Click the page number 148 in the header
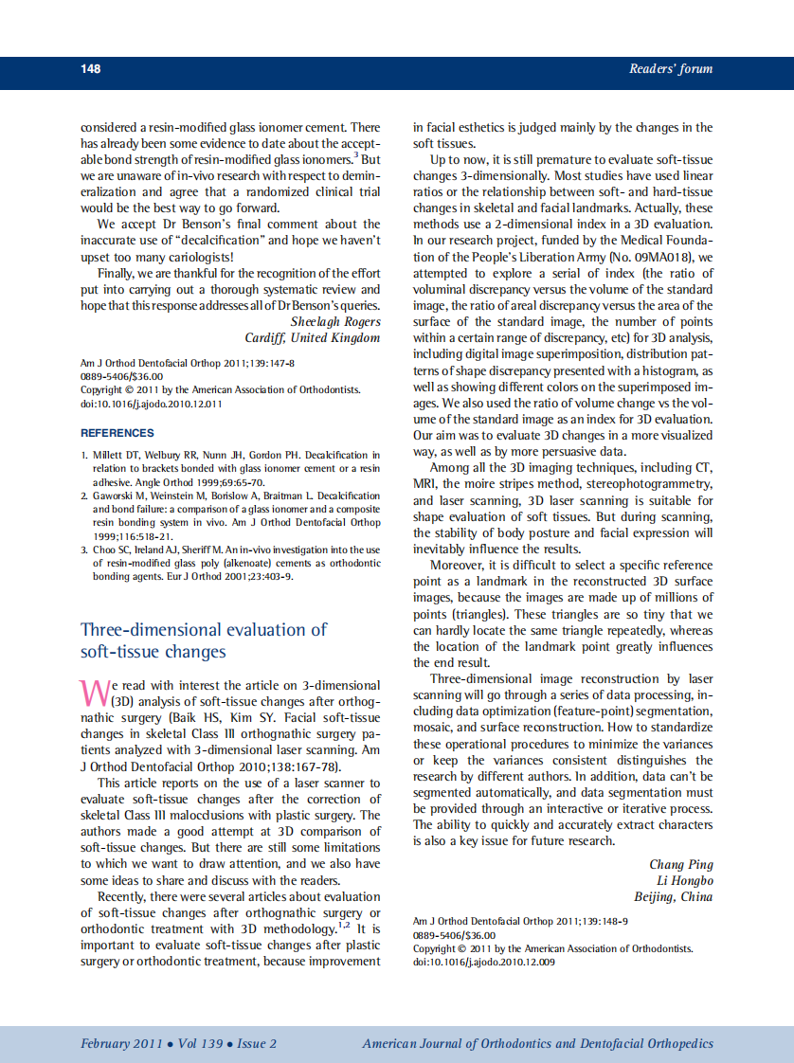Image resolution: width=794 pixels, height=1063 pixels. click(91, 69)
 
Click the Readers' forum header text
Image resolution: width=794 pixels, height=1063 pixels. click(670, 69)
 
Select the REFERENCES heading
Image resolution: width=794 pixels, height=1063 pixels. click(117, 433)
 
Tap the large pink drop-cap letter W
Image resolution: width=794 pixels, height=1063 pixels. click(95, 692)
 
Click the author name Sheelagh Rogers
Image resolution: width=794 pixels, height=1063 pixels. click(335, 321)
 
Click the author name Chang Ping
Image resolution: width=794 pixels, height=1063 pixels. click(680, 864)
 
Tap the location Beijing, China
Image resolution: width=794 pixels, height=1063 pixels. click(673, 897)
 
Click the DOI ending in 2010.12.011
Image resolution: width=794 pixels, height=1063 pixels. click(152, 404)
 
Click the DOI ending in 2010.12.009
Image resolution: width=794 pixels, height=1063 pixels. click(484, 962)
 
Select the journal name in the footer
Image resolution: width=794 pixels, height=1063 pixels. click(537, 1044)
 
